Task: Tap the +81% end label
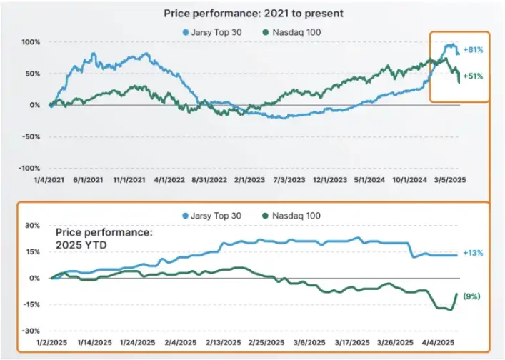[474, 51]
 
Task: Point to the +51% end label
[474, 76]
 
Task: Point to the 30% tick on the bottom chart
[32, 225]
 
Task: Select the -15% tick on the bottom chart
[30, 304]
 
